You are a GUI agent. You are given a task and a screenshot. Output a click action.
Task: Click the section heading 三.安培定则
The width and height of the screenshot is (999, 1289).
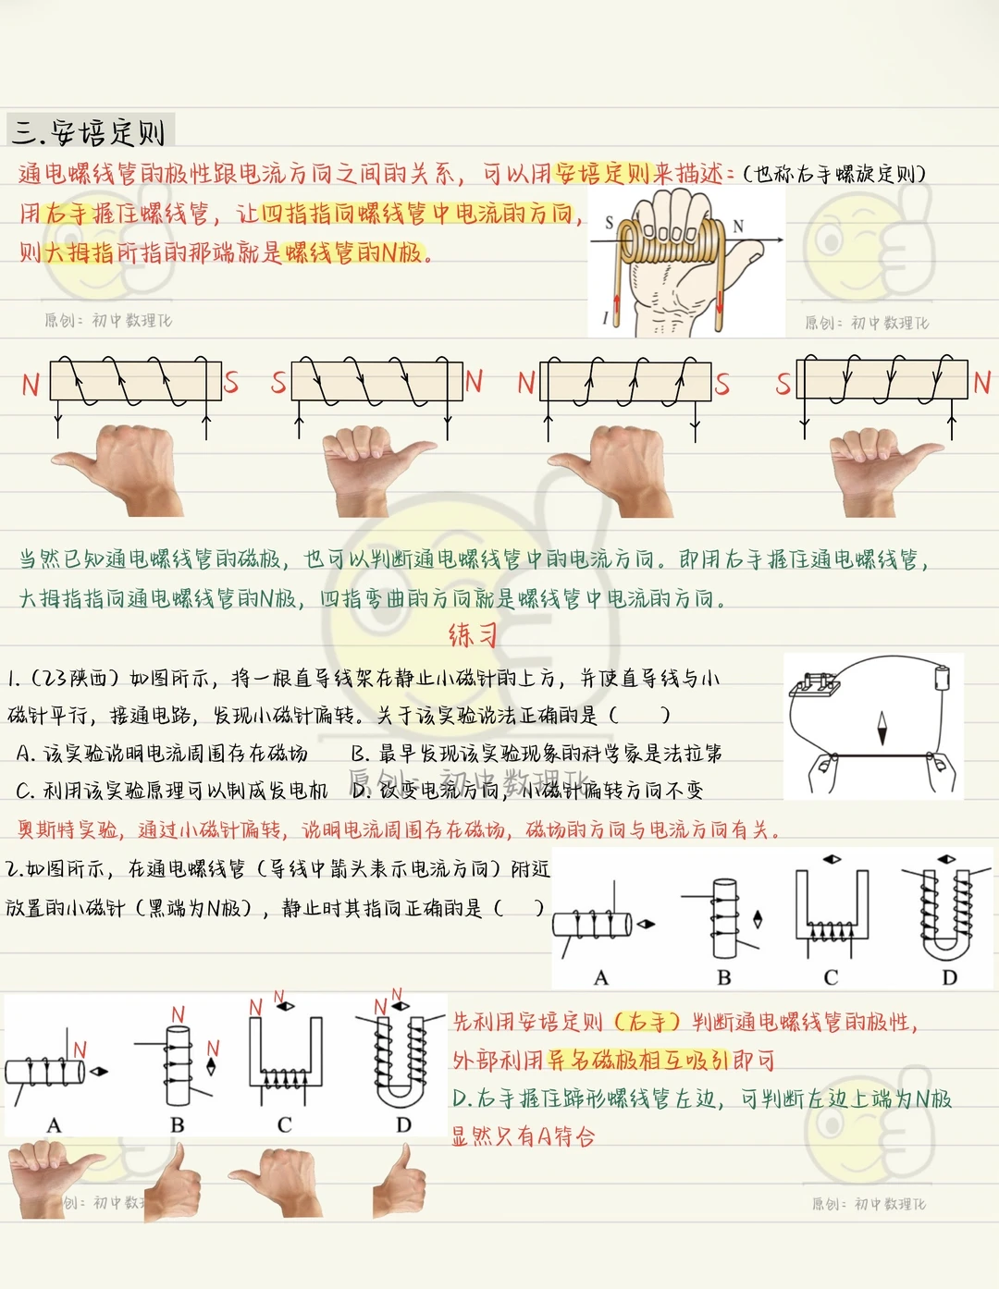tap(89, 131)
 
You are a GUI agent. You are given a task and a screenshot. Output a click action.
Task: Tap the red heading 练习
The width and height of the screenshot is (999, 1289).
tap(473, 635)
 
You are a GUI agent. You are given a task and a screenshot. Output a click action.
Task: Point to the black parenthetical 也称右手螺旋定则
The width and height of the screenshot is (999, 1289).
tap(835, 174)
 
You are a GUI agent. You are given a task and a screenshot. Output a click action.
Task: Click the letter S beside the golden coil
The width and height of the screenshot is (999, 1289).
tap(610, 223)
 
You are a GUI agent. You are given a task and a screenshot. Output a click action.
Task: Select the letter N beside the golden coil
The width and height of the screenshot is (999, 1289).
tap(738, 226)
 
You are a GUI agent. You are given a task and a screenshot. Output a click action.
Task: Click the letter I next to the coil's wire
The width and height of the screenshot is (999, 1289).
tap(605, 318)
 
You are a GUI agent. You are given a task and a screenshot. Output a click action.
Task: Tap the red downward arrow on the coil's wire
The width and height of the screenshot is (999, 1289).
tap(720, 303)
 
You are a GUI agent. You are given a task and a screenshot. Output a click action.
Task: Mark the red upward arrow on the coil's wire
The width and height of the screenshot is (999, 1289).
tap(616, 306)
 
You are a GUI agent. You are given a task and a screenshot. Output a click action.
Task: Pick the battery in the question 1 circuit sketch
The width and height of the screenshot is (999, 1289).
tap(942, 679)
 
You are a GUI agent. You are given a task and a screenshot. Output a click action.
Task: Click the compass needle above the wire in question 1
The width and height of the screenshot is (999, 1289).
tap(882, 728)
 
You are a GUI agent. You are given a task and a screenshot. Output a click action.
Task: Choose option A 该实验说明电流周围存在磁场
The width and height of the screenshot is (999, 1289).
tap(162, 754)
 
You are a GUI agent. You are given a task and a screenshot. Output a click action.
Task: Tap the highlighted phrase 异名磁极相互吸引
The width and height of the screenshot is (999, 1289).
tap(637, 1060)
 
